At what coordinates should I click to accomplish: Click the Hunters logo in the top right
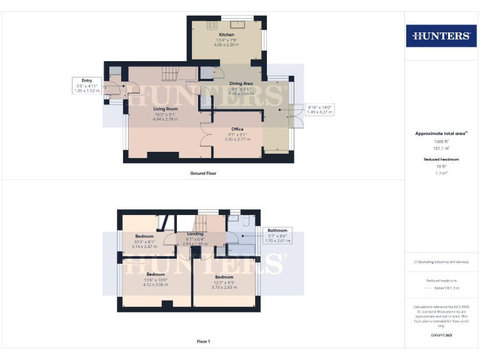tap(441, 36)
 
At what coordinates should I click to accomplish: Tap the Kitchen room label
tap(226, 34)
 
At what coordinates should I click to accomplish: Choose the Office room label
tap(237, 129)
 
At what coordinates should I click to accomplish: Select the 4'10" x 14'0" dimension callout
tap(320, 110)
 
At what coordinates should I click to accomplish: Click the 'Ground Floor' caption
tap(203, 173)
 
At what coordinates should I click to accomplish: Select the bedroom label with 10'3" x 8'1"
tap(144, 236)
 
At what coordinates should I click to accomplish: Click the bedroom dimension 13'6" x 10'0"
tap(156, 284)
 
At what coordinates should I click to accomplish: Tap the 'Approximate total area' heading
tap(441, 134)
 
